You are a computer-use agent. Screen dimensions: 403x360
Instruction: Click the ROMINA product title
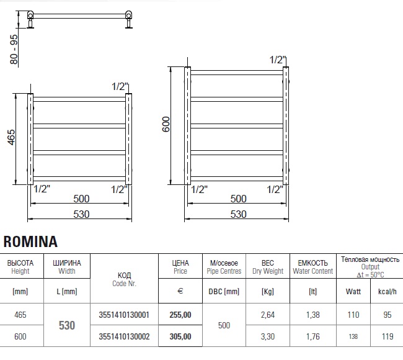click(x=30, y=241)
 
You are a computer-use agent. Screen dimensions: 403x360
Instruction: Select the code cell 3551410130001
click(x=124, y=315)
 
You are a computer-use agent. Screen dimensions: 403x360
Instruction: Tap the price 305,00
click(x=180, y=336)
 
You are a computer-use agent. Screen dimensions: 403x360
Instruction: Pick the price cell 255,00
click(x=180, y=315)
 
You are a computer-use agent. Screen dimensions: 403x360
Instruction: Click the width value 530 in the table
click(x=67, y=325)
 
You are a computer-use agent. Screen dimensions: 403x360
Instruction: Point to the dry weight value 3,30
click(x=268, y=336)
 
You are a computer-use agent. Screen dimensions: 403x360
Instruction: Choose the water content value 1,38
click(x=312, y=315)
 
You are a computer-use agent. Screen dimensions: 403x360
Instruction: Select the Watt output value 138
click(x=353, y=336)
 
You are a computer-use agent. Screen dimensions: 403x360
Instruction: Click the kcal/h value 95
click(x=387, y=315)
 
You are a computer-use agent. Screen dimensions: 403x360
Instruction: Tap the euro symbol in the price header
click(x=180, y=291)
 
